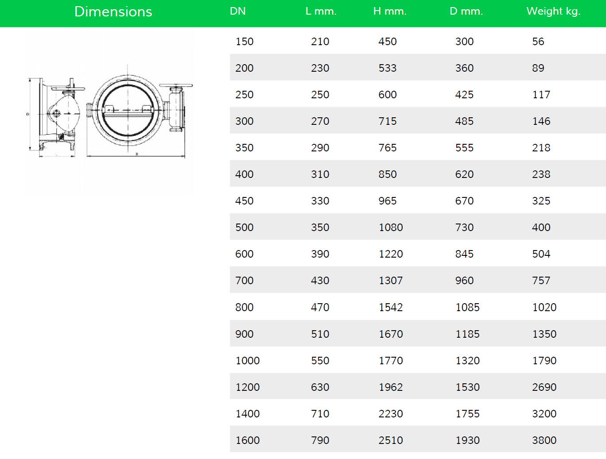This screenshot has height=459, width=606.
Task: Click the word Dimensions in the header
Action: [x=113, y=12]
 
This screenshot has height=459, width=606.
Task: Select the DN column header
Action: [x=237, y=11]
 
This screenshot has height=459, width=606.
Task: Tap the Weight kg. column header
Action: [x=553, y=12]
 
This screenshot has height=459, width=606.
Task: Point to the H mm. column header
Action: [x=390, y=12]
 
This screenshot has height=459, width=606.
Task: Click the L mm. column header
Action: [x=321, y=12]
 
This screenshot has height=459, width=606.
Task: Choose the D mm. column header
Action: [x=466, y=12]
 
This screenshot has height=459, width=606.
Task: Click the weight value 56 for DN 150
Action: [x=538, y=42]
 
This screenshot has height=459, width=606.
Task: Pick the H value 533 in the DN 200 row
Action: [x=387, y=68]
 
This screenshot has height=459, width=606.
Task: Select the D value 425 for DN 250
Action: [x=464, y=95]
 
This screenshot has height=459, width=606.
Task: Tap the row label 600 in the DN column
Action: [x=245, y=254]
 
